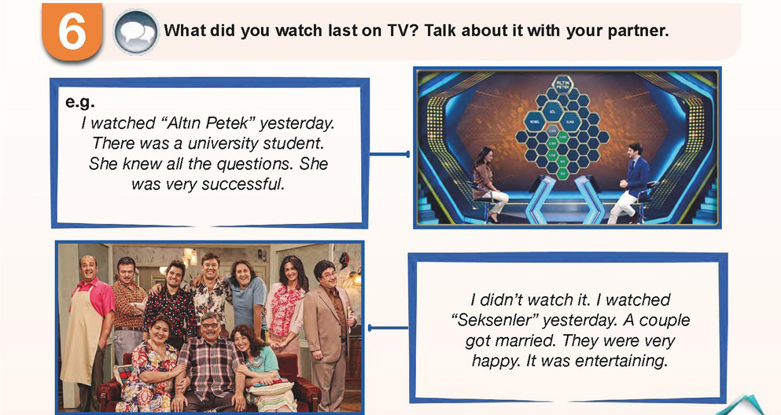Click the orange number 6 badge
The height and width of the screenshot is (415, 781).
coord(72,31)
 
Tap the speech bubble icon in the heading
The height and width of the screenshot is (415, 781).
coord(136,31)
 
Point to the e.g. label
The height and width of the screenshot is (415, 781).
coord(79,102)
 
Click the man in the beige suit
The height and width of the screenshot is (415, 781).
coord(328,331)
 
